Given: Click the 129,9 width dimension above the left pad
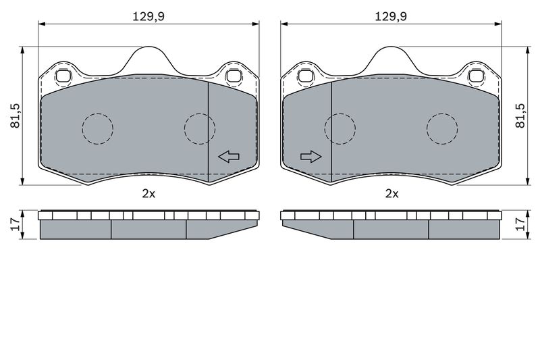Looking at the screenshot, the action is (x=148, y=16).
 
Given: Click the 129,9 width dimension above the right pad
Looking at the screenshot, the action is (x=391, y=16).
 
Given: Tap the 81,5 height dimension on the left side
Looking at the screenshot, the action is (x=15, y=115).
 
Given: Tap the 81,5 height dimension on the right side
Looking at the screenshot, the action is (x=520, y=115).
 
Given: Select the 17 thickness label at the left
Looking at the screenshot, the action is (x=15, y=225).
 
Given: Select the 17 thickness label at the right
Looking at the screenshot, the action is (x=520, y=225).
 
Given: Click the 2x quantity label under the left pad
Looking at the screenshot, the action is (x=148, y=194).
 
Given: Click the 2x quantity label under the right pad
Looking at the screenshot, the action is (x=391, y=194).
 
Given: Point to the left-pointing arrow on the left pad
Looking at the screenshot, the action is (x=229, y=157).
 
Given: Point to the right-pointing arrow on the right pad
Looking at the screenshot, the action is (x=311, y=157).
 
